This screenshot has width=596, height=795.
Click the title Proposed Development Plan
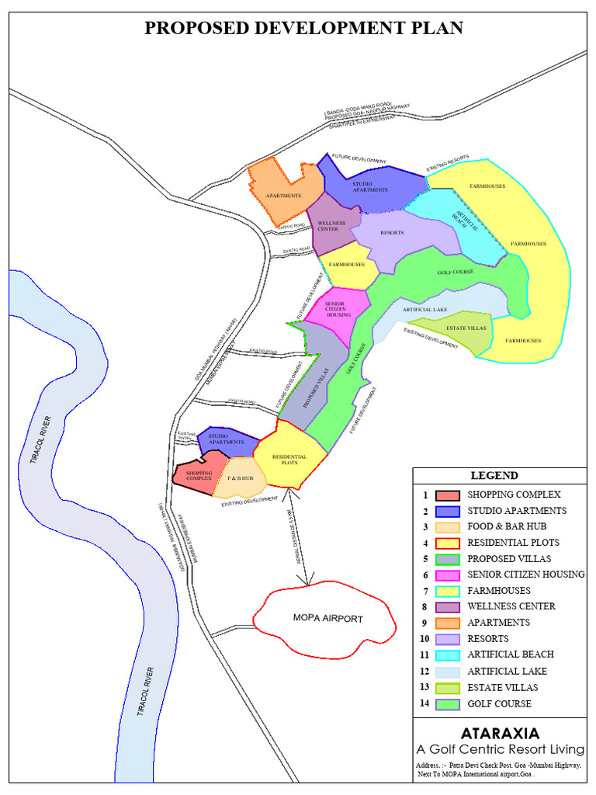click(303, 29)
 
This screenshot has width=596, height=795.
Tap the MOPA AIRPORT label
click(327, 619)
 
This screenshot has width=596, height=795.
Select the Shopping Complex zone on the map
click(199, 474)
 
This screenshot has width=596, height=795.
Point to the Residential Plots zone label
click(289, 460)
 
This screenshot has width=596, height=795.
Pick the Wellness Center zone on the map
click(331, 226)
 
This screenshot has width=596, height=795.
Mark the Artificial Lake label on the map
click(425, 310)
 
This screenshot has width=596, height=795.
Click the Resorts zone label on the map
click(393, 232)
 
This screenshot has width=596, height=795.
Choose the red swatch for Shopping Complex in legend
click(447, 495)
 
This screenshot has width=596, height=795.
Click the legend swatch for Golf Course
click(447, 704)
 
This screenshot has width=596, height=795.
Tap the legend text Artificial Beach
click(511, 654)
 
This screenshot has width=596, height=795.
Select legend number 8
click(424, 606)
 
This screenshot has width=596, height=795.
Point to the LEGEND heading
click(494, 475)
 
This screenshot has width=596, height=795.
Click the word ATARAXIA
click(500, 732)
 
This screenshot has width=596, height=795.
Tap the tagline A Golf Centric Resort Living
click(500, 750)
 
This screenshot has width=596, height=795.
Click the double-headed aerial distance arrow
click(298, 536)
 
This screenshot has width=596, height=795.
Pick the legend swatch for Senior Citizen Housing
click(447, 575)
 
